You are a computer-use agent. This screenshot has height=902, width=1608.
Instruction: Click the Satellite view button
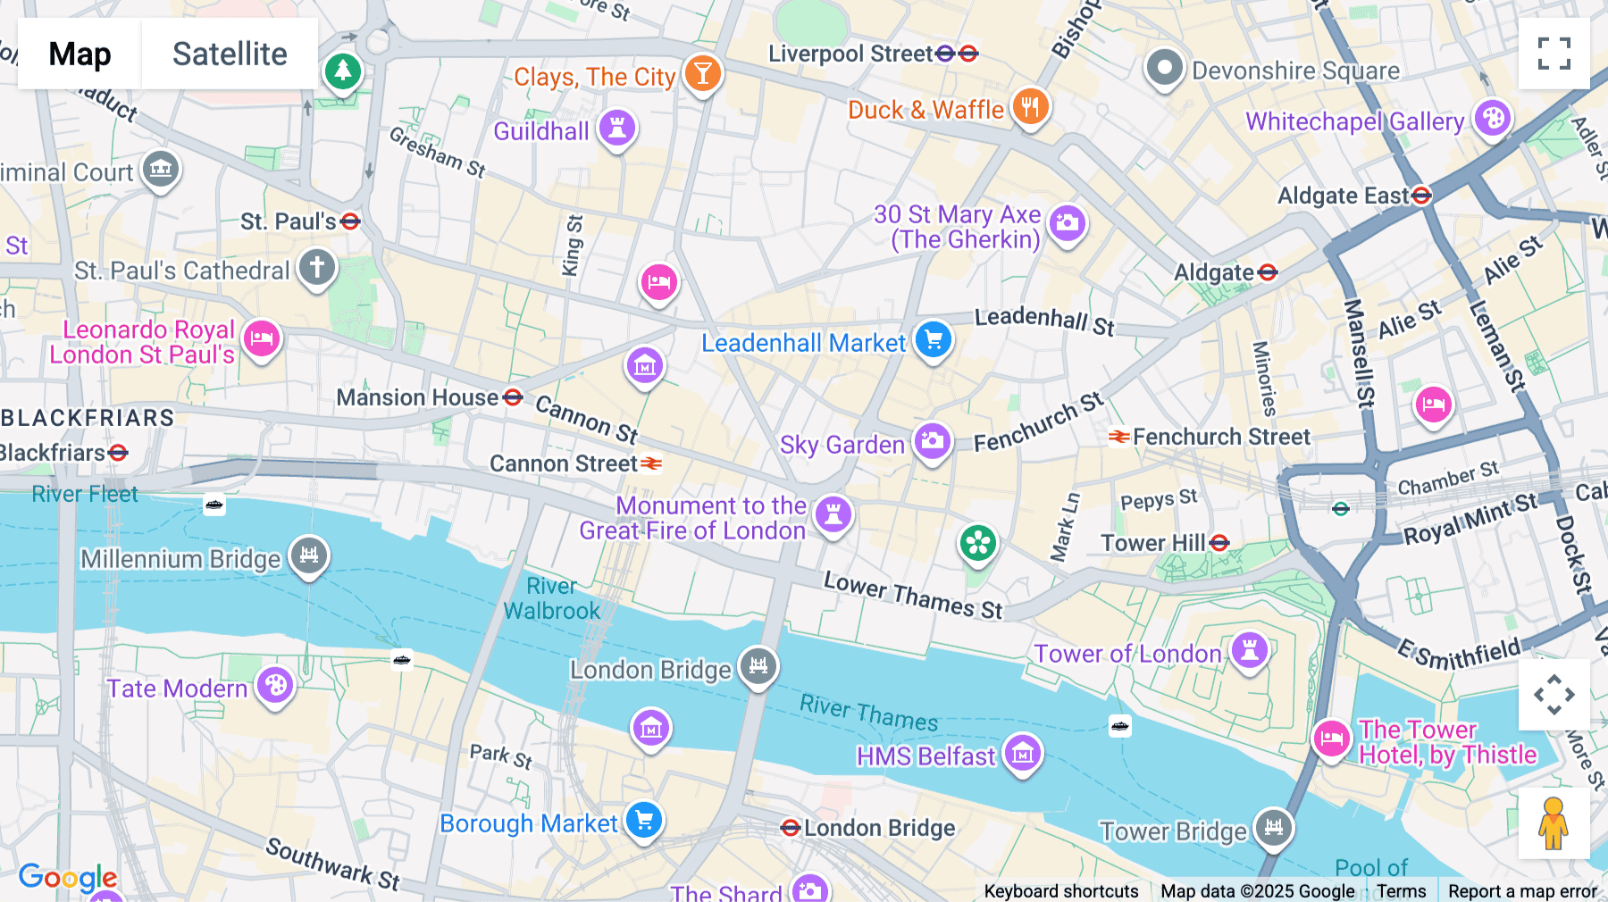tap(230, 54)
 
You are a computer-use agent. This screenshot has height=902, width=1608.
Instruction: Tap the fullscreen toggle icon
tap(1554, 54)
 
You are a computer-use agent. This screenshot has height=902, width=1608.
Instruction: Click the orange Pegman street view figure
tap(1554, 823)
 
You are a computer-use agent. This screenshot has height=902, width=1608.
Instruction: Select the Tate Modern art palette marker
tap(275, 686)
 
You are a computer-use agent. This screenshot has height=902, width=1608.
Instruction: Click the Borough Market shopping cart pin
tap(643, 820)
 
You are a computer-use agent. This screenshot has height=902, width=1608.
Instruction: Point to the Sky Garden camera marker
tap(932, 441)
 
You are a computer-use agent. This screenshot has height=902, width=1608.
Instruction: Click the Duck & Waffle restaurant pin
tap(1030, 108)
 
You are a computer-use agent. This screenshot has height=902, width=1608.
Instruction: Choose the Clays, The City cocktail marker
tap(702, 74)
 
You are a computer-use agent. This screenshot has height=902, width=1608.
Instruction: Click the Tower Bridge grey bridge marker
tap(1273, 828)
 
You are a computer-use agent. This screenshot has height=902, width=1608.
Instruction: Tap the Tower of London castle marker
tap(1249, 650)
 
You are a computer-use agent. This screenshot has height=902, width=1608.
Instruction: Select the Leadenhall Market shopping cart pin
tap(934, 340)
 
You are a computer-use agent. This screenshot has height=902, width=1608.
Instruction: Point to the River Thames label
tap(868, 713)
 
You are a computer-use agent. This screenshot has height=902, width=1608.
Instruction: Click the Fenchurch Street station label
tap(1220, 437)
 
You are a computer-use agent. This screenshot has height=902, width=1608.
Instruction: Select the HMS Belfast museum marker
tap(1022, 754)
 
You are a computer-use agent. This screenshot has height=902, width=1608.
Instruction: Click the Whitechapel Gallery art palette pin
tap(1492, 119)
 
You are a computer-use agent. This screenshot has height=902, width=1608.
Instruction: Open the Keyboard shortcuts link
tap(1060, 891)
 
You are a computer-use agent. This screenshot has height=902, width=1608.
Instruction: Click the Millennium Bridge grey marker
tap(309, 555)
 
